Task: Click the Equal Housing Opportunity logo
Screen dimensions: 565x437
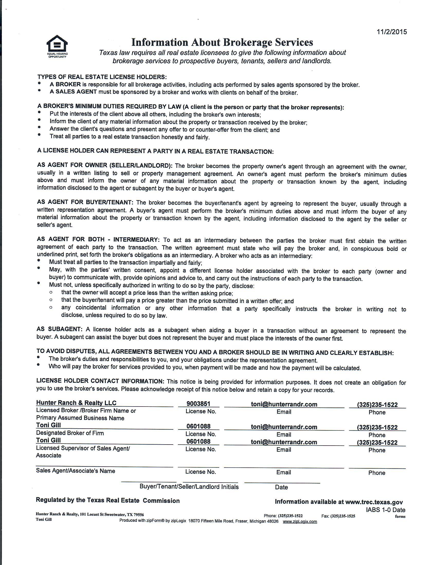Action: point(57,46)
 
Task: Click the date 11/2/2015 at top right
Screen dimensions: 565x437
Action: point(392,32)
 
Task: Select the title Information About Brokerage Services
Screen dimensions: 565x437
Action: point(222,42)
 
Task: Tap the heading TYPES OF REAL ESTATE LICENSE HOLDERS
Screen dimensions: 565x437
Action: point(102,77)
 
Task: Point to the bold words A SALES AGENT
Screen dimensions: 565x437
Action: point(73,92)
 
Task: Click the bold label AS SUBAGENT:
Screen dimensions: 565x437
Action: point(60,329)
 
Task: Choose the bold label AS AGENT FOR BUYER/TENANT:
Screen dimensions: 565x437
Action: point(85,202)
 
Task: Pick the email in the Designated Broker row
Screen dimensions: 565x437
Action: point(284,427)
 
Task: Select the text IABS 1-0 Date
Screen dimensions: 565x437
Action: point(386,510)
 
